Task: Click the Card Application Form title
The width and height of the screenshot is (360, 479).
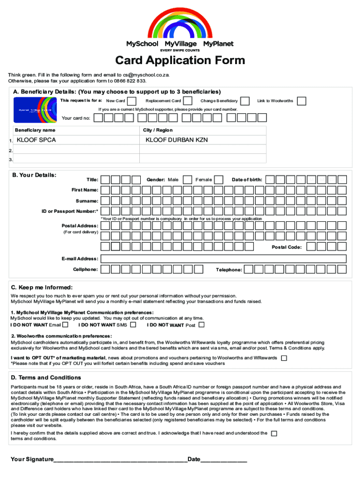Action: tap(180, 60)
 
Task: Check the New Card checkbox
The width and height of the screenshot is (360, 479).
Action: tap(132, 101)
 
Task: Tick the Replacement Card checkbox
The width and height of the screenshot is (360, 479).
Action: tap(187, 101)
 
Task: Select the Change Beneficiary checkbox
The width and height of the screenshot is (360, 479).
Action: tap(245, 101)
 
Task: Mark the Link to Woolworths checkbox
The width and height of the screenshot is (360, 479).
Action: tap(302, 101)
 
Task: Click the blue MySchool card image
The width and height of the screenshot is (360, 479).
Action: tap(36, 110)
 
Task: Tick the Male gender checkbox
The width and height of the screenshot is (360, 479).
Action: tap(187, 180)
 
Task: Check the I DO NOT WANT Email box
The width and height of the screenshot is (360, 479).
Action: tap(65, 325)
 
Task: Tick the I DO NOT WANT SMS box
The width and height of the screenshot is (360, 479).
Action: tap(133, 325)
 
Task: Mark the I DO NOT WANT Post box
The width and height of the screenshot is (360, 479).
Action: tap(202, 325)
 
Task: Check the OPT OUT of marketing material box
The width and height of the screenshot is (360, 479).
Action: tap(284, 358)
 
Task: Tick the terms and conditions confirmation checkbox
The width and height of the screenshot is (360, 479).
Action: tap(274, 434)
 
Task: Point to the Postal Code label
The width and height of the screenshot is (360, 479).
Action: tap(287, 247)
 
